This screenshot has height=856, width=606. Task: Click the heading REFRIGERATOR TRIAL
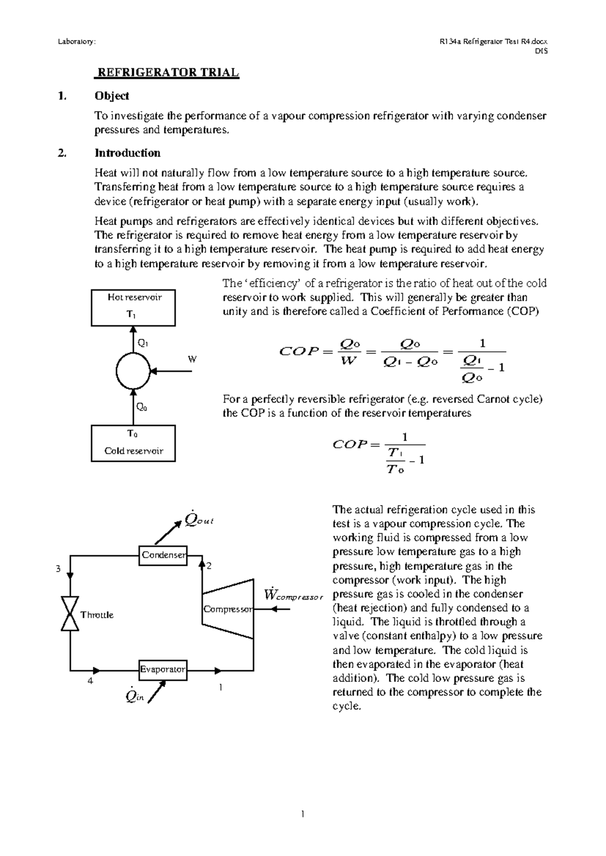(x=167, y=72)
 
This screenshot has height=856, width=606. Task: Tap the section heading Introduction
(x=127, y=153)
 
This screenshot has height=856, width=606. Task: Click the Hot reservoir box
(x=133, y=307)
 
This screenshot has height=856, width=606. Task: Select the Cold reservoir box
(x=133, y=443)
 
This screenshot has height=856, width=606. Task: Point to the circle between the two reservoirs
(x=133, y=371)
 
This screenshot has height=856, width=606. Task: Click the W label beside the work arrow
(x=192, y=359)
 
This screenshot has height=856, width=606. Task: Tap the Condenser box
(x=164, y=555)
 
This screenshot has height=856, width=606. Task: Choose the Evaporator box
(x=163, y=670)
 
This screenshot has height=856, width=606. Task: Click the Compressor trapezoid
(x=228, y=609)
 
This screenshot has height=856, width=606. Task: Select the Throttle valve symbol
(x=70, y=613)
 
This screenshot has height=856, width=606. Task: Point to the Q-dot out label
(x=199, y=519)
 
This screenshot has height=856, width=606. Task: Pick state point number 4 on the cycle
(x=90, y=681)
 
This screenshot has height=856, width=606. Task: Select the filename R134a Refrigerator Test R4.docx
(x=493, y=42)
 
